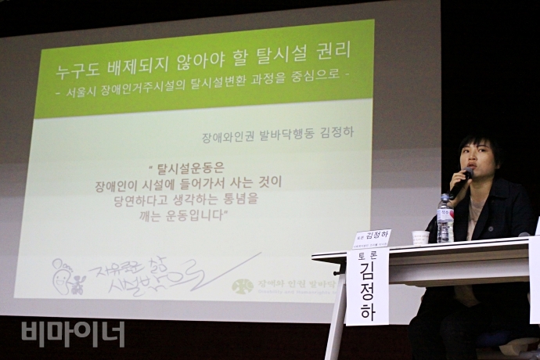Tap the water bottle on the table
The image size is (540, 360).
(x=445, y=219)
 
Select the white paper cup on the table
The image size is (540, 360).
(x=420, y=237)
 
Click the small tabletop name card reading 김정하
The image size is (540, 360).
(x=372, y=237)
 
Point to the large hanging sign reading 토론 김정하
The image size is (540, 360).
(x=367, y=286)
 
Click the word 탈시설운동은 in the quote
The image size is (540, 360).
(x=191, y=167)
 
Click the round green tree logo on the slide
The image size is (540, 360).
(x=243, y=286)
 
